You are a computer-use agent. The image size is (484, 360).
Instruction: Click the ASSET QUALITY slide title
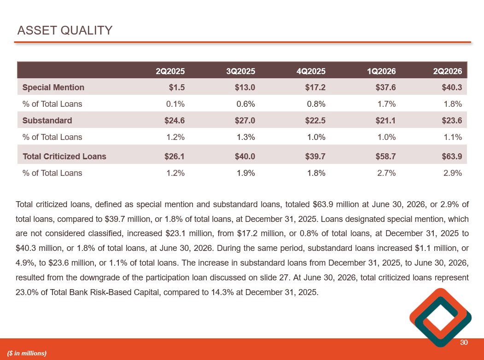[65, 30]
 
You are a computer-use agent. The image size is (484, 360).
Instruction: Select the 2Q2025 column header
[170, 71]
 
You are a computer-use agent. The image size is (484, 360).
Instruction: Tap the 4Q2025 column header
[311, 71]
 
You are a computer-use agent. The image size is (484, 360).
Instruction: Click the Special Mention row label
[53, 87]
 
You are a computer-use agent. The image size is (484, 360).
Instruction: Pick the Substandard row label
[47, 120]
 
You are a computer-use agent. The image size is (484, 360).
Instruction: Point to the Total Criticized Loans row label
[64, 157]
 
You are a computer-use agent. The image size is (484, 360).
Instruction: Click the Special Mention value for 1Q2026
[385, 87]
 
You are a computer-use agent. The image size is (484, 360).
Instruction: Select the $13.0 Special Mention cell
[245, 87]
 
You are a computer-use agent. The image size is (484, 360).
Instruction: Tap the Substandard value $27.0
[245, 120]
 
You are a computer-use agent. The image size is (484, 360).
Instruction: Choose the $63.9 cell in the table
[452, 157]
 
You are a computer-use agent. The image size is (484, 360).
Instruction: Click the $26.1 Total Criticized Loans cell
[175, 157]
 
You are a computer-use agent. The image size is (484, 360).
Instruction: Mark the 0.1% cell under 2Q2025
[175, 104]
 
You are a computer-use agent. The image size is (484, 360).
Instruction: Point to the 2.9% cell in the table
[453, 173]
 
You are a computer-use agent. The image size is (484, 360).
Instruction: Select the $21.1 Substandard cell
[385, 120]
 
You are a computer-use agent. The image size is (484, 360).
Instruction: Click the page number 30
[464, 343]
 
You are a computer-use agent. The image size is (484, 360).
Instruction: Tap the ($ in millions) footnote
[27, 353]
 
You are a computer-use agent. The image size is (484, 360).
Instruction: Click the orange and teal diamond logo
[440, 318]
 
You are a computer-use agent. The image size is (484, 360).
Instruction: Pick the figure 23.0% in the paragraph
[27, 292]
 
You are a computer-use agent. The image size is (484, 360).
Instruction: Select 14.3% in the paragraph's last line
[222, 292]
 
